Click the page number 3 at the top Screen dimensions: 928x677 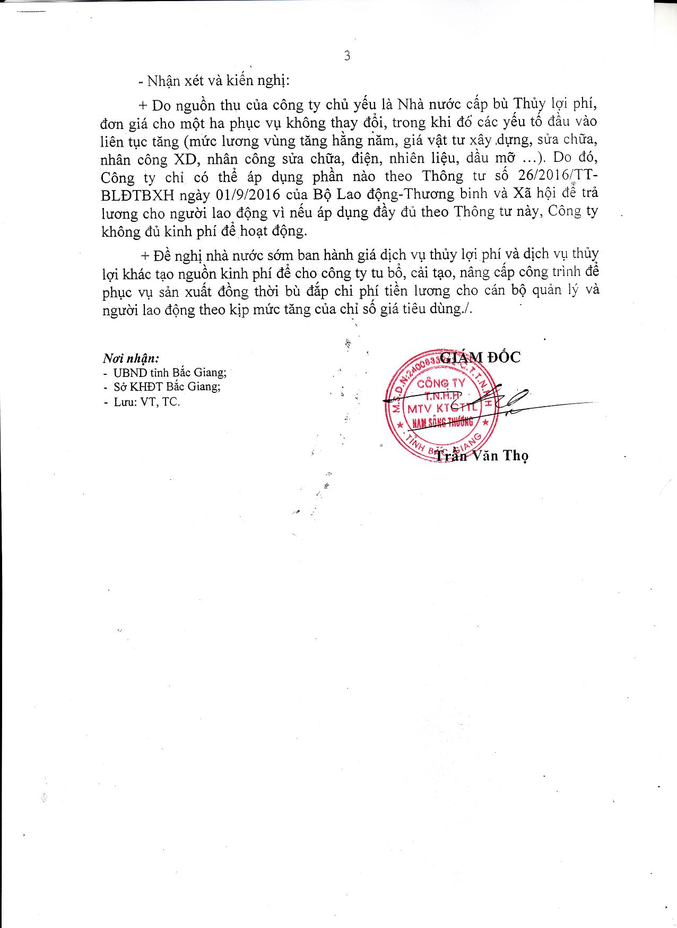347,56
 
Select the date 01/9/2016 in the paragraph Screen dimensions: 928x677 248,193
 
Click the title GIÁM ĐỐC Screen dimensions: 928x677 481,357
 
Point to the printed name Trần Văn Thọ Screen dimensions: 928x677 481,456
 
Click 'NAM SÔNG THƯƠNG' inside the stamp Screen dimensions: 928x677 438,423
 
